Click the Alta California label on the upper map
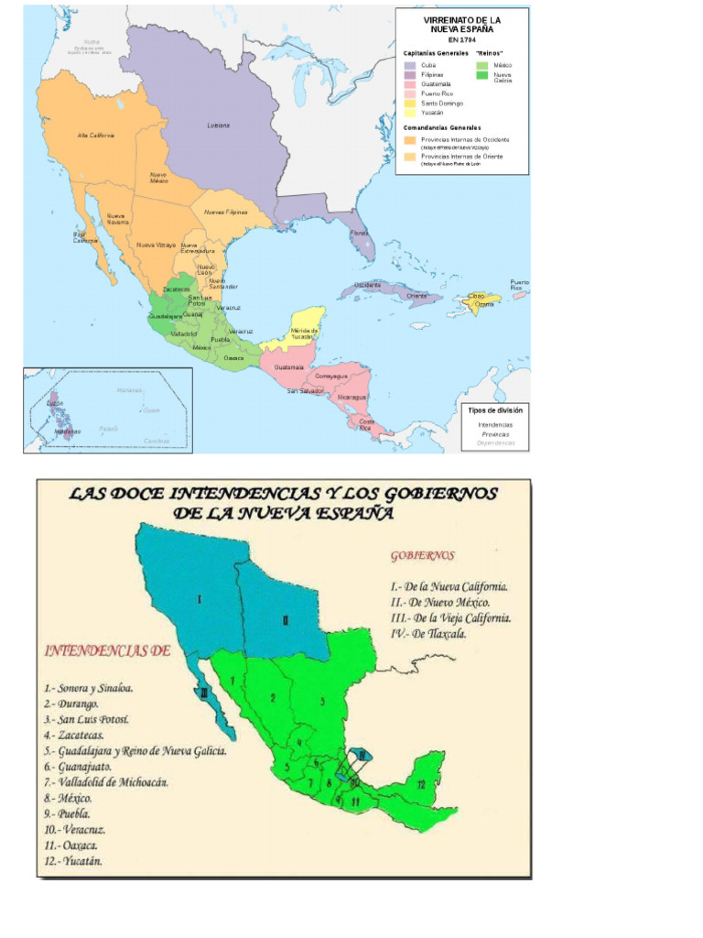96,136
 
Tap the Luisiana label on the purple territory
218,125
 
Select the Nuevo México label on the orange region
157,176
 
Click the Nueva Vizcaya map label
156,245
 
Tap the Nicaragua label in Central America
351,397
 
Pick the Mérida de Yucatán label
302,333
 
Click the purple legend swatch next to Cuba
409,66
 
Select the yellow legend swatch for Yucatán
409,112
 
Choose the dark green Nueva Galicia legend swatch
481,75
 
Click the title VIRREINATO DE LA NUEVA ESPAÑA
461,24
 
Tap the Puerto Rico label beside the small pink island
519,284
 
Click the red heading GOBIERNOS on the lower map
422,555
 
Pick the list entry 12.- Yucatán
73,860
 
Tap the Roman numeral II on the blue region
286,620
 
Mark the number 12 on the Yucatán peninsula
420,784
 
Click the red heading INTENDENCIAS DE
108,651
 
